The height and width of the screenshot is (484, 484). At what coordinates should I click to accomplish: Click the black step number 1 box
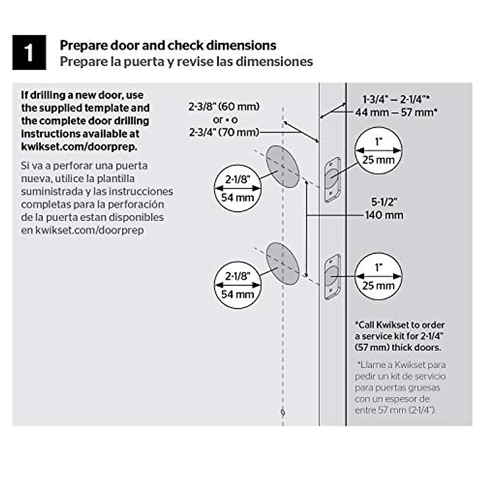29,52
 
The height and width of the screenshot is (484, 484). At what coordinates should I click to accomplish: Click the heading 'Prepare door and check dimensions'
168,45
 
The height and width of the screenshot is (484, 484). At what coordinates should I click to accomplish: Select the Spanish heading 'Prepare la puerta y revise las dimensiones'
186,62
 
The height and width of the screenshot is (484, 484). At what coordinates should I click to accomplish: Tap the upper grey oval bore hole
282,166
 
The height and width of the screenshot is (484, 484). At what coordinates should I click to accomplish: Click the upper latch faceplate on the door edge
332,179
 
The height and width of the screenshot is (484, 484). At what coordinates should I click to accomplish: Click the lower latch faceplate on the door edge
332,277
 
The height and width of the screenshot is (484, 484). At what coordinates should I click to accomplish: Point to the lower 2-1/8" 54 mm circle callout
237,285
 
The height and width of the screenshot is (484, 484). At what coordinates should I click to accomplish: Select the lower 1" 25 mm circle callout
378,276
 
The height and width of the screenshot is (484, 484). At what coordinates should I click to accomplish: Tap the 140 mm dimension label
384,215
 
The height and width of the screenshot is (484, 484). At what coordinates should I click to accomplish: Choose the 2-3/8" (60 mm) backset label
224,107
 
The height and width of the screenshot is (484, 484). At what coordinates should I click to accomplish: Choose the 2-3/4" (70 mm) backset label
224,132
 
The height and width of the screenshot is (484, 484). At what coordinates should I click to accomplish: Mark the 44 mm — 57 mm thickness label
396,112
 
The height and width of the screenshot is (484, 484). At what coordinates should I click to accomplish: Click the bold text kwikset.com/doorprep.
79,146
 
